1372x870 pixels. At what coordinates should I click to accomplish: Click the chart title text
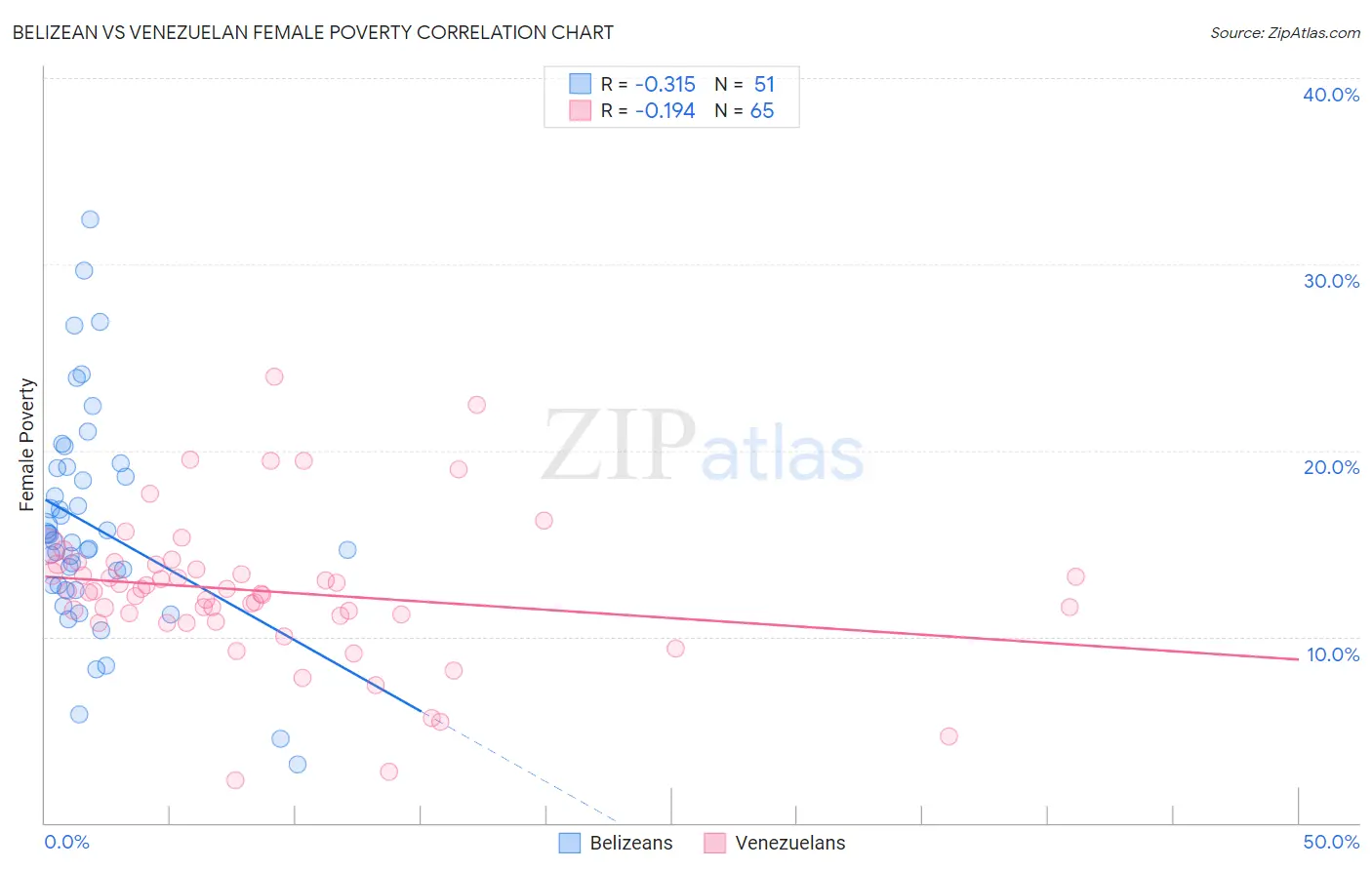point(312,32)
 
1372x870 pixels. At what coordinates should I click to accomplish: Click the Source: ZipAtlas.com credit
point(1284,32)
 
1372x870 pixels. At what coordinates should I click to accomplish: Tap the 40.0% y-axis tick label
point(1330,95)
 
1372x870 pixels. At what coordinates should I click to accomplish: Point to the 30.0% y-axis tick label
point(1330,281)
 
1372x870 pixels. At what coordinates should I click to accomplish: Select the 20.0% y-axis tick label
point(1330,467)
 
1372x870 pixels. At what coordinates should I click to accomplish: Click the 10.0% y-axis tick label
point(1332,654)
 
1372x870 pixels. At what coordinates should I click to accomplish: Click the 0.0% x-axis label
point(66,842)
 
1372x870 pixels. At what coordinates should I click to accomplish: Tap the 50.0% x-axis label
point(1330,842)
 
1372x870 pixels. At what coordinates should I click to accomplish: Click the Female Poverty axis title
point(27,445)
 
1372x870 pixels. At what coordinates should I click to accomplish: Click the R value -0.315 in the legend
point(665,85)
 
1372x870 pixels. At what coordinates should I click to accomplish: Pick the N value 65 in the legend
point(761,111)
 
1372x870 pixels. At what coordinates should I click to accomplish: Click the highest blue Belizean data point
point(90,219)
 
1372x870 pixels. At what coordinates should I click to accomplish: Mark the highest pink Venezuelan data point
point(274,376)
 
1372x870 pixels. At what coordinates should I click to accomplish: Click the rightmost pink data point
point(1075,576)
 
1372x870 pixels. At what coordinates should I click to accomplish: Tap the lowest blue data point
point(298,765)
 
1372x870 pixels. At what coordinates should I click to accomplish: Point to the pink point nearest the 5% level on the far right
point(948,736)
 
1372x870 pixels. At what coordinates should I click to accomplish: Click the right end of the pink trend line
point(1298,659)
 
